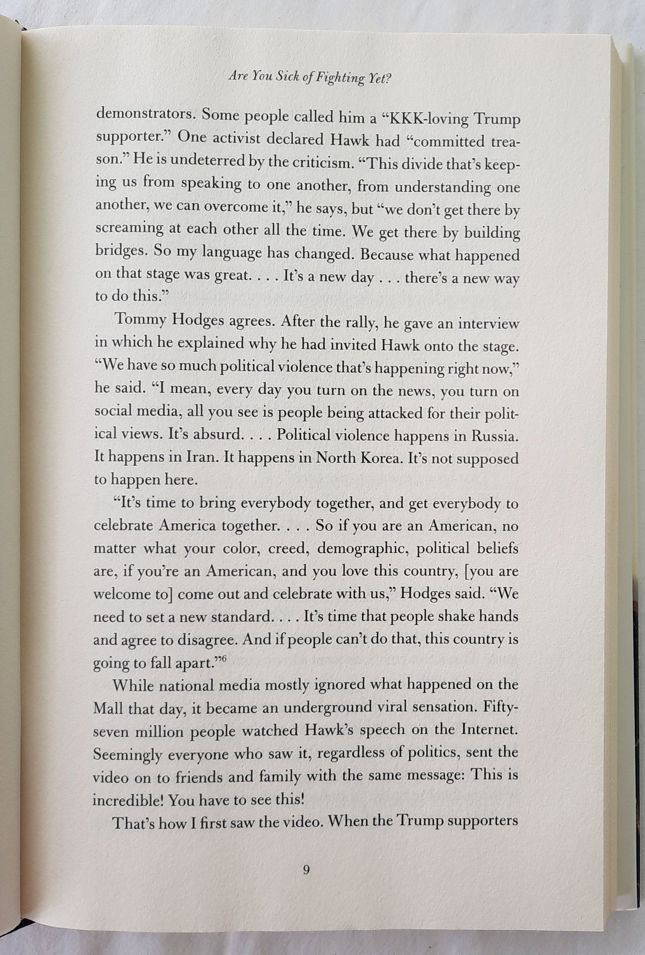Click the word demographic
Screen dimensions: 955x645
[x=362, y=550]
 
